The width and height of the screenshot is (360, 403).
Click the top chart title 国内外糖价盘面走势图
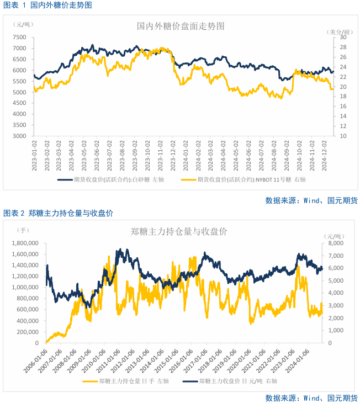click(x=181, y=26)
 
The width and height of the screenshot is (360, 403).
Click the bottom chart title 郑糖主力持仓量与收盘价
click(x=179, y=231)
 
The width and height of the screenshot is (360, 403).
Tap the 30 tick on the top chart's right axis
click(x=342, y=38)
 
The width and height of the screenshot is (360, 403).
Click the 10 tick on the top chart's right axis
click(x=342, y=136)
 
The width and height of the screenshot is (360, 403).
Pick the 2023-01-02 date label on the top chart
click(x=34, y=155)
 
